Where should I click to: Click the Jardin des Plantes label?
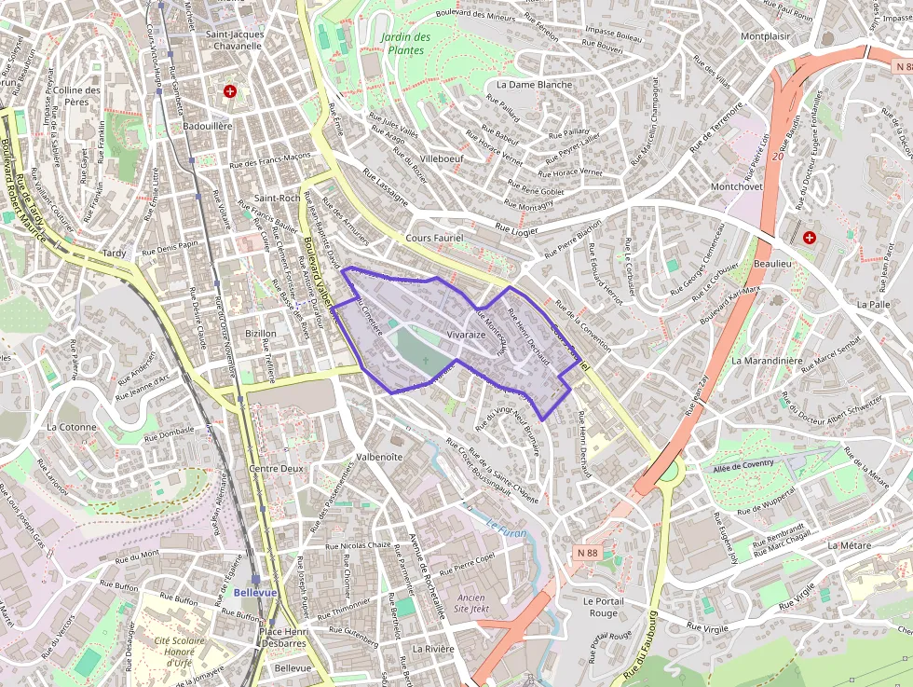[406, 44]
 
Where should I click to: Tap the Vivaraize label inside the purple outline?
[466, 334]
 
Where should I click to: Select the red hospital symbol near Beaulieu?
[809, 238]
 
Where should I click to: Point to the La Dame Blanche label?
[535, 84]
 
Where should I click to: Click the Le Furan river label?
[507, 533]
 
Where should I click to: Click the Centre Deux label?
[278, 469]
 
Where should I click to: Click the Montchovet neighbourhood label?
[736, 186]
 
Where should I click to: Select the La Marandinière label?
[767, 360]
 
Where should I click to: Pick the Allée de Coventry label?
[744, 466]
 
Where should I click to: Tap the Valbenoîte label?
[379, 457]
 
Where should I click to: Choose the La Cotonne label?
[71, 426]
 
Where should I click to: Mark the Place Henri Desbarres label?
[283, 638]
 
